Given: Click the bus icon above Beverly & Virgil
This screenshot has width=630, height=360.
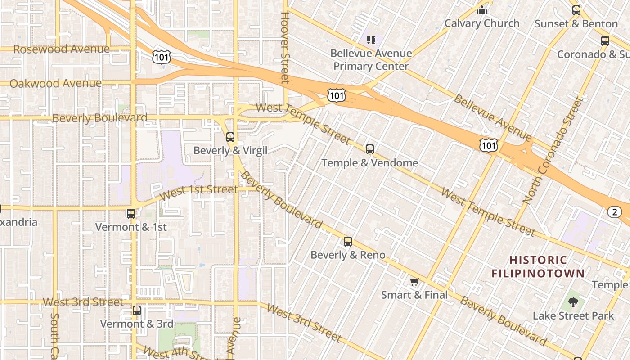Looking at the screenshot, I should pyautogui.click(x=230, y=137).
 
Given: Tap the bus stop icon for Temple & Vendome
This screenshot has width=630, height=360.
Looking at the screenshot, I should pyautogui.click(x=370, y=149).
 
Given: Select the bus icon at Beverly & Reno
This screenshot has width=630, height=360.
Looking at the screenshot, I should pyautogui.click(x=348, y=242).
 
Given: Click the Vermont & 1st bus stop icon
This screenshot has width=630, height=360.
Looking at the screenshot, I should pyautogui.click(x=131, y=214).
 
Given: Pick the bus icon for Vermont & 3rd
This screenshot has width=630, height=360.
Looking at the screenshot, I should pyautogui.click(x=137, y=310).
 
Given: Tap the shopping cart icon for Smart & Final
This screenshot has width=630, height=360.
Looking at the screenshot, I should pyautogui.click(x=414, y=282).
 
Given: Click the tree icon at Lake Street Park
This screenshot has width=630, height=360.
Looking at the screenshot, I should pyautogui.click(x=573, y=302).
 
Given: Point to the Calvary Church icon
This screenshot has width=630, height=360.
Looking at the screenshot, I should pyautogui.click(x=482, y=10).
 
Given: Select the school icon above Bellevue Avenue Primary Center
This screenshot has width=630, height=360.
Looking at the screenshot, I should pyautogui.click(x=371, y=40).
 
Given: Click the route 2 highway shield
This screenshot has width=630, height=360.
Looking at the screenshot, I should pyautogui.click(x=615, y=212).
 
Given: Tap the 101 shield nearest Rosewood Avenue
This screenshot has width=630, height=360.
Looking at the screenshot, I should pyautogui.click(x=161, y=56).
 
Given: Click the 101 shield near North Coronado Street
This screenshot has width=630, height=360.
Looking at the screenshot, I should pyautogui.click(x=489, y=145).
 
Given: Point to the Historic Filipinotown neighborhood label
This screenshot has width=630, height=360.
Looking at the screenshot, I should pyautogui.click(x=538, y=266).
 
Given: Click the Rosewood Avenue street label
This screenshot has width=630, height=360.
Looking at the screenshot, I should pyautogui.click(x=61, y=49).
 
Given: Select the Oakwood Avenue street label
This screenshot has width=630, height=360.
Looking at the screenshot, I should pyautogui.click(x=55, y=83).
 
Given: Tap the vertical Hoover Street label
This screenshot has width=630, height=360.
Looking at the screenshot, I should pyautogui.click(x=285, y=47).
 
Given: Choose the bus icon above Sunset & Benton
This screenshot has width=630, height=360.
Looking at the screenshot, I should pyautogui.click(x=576, y=10).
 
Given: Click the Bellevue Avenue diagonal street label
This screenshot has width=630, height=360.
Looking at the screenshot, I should pyautogui.click(x=493, y=118).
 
